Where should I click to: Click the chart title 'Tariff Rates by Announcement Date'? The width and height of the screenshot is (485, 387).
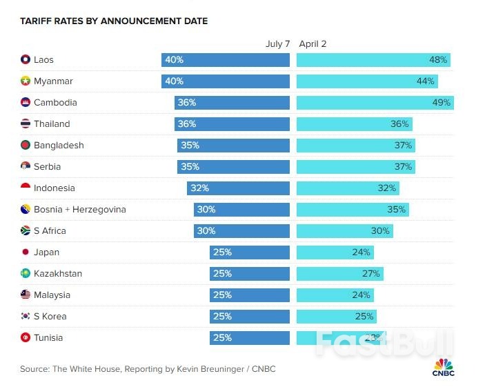[114, 21]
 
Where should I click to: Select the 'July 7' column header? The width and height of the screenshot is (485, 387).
[278, 44]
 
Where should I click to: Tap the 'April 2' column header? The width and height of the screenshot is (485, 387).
[313, 44]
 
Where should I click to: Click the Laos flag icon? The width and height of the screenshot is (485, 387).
[26, 60]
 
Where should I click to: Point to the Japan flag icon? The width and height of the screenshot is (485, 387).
[26, 252]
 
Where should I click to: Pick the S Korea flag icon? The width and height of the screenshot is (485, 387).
[26, 317]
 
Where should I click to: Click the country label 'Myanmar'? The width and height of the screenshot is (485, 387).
[53, 81]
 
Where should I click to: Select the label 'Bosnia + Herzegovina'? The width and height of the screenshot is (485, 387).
[80, 210]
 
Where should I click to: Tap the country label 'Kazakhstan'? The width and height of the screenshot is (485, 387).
[58, 274]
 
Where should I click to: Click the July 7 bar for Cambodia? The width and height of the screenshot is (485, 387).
[232, 103]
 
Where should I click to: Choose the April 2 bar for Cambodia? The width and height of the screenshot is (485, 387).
[375, 103]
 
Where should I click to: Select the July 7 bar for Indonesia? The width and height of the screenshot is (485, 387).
[238, 188]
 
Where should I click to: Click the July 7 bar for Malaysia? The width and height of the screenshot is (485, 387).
[250, 295]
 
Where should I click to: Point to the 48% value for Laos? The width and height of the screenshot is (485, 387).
[438, 60]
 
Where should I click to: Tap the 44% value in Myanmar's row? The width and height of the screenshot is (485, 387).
[426, 81]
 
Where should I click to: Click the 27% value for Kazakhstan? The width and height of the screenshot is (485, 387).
[370, 274]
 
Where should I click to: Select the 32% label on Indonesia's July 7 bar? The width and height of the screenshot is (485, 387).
[200, 188]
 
